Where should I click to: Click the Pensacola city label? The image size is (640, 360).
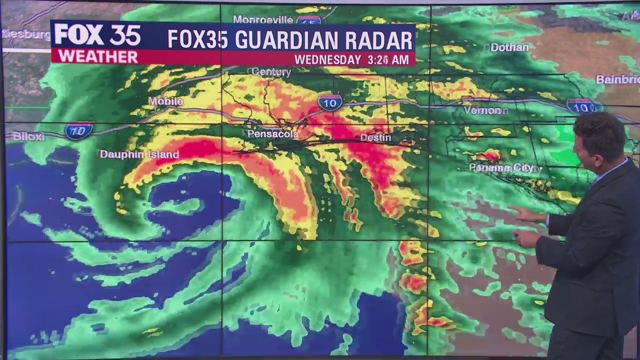point(273,134)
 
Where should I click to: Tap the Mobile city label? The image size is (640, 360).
point(166,101)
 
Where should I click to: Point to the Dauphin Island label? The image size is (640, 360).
point(139,154)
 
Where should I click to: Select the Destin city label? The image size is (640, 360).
point(375,137)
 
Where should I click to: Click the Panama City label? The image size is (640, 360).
point(501,168)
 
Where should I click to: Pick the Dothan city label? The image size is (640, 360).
point(509,47)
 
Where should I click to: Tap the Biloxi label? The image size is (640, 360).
point(28,136)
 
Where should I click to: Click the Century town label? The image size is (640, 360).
point(271,72)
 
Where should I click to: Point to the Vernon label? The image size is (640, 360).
point(485,110)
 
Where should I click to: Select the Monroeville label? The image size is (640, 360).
point(263,20)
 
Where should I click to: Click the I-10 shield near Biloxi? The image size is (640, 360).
point(78,131)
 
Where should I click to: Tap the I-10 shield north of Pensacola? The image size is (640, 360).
point(330,102)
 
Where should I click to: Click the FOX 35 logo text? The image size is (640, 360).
point(97,35)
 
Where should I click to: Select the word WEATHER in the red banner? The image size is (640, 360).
point(97,56)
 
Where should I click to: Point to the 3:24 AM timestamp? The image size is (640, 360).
point(388,60)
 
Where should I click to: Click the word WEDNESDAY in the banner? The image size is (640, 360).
point(327,60)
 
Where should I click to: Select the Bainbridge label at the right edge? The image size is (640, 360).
point(618,79)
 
